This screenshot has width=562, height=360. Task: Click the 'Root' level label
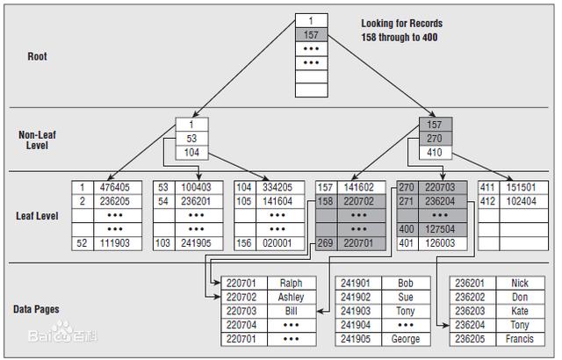tap(37, 57)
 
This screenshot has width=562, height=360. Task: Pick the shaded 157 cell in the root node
tap(311, 34)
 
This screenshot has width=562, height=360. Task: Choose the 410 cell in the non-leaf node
tap(435, 152)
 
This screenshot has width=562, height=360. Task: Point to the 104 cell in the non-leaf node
tap(191, 152)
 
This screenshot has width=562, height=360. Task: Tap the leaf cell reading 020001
tap(277, 243)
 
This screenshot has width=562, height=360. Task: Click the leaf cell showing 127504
tap(440, 229)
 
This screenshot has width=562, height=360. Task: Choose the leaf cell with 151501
tap(521, 187)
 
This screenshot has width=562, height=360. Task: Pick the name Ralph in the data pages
tap(291, 284)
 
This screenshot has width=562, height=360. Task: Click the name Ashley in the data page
tap(291, 297)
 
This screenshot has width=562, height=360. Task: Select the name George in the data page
tap(405, 338)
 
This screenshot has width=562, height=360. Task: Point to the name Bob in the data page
tap(405, 284)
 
